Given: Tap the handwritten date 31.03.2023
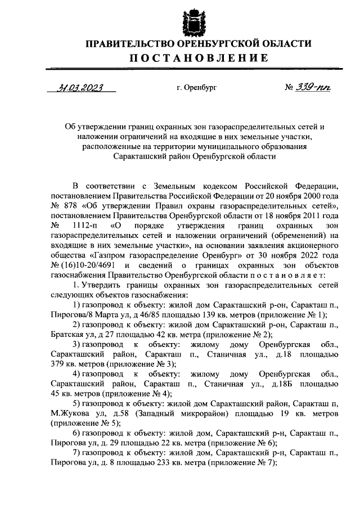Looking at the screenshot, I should coord(81,87).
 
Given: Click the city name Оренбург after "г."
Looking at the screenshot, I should coord(203,88).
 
